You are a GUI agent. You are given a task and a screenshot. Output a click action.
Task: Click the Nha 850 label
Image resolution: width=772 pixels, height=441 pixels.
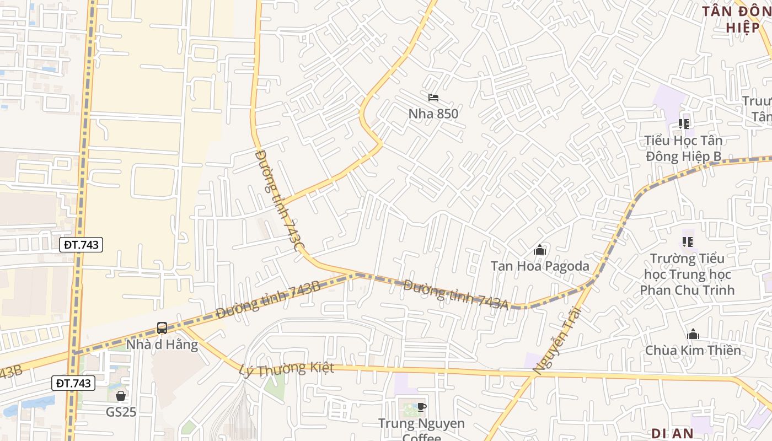point(433,114)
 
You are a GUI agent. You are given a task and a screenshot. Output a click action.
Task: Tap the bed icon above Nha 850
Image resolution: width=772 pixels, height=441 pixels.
point(433,98)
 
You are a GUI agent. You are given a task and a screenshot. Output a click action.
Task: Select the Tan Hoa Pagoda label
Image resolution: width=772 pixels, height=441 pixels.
point(540,266)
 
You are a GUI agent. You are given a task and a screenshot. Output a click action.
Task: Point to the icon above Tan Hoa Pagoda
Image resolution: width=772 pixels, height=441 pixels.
point(540,250)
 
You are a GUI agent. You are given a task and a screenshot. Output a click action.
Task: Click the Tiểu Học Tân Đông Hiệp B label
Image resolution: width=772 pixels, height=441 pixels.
point(684,148)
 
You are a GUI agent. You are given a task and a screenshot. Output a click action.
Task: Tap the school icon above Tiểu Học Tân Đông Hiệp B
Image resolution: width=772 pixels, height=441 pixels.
point(684,124)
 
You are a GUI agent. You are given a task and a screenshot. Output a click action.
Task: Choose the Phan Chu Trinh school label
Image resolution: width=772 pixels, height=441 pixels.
point(687,274)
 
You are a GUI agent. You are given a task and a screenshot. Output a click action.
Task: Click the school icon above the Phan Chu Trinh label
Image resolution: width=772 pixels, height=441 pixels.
point(687,241)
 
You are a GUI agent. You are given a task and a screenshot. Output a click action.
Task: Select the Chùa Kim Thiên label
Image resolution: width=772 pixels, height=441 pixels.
point(693,350)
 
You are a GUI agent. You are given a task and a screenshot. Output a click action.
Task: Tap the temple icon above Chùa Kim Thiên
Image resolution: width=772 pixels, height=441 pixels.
point(693,334)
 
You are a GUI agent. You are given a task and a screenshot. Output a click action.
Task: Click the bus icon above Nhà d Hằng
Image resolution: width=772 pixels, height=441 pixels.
point(162,328)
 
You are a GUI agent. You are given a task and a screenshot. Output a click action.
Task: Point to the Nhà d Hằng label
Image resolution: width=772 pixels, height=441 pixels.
point(162,345)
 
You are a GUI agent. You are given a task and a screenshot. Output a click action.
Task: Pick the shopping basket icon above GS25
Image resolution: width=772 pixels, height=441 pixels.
point(121,396)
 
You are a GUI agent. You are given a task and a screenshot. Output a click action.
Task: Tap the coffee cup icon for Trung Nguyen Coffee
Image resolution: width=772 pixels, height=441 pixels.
point(421,407)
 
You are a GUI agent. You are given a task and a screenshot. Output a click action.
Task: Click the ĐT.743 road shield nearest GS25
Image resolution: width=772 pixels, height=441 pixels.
point(74,383)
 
